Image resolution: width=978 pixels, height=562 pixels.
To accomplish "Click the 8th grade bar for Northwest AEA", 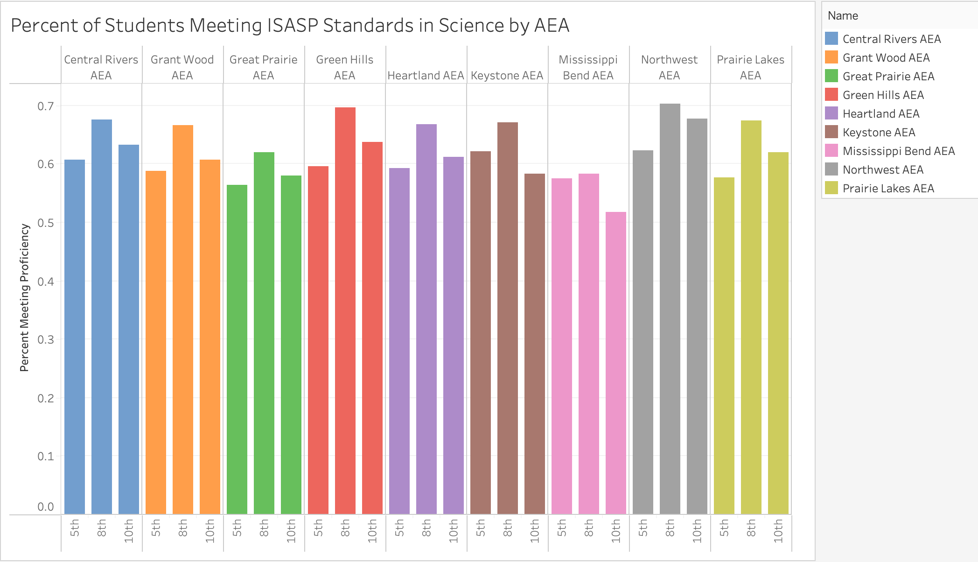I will click(x=670, y=308).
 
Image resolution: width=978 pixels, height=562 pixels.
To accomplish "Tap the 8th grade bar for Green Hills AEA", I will click(x=345, y=310).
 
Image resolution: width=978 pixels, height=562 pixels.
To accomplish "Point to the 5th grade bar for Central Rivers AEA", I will click(x=75, y=337).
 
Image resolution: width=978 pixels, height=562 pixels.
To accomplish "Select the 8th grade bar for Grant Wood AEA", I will click(x=182, y=319).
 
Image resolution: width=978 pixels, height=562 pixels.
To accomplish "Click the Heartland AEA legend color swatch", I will click(x=831, y=113).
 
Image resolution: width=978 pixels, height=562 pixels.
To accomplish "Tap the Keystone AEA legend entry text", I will click(x=879, y=133).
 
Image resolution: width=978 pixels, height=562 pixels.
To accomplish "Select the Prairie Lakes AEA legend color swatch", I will click(x=831, y=188).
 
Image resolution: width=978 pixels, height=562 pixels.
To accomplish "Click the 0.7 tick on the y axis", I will click(x=45, y=106).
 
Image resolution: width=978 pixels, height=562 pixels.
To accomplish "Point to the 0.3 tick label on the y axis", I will click(x=45, y=340).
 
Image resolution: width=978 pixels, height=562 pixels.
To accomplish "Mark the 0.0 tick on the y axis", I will click(x=45, y=507).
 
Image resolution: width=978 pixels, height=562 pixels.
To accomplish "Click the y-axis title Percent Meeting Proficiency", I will click(x=24, y=298).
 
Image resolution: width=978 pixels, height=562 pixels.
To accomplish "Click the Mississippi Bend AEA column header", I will click(x=588, y=67).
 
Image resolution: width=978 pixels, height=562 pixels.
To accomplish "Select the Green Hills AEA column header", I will click(x=344, y=67).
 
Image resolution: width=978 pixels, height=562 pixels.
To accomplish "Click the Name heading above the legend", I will click(x=843, y=16).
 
